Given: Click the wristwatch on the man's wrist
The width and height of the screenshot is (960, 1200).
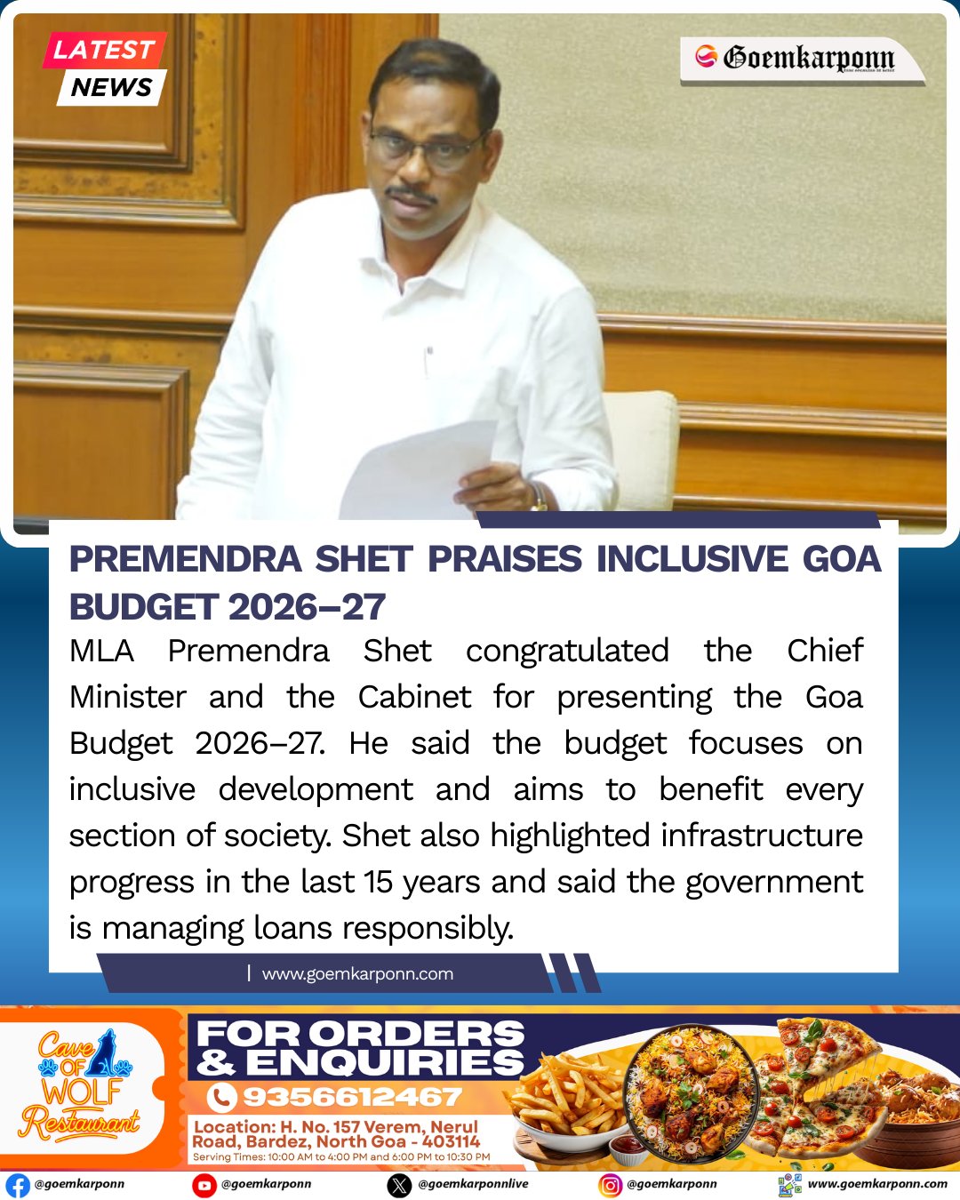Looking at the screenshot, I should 538,496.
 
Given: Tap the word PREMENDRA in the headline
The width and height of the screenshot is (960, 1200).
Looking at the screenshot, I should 186,560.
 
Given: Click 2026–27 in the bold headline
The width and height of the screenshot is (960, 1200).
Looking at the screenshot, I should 307,608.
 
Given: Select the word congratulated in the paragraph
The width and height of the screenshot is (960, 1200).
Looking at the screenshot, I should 567,651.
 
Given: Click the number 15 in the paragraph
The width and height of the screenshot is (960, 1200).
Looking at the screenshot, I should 378,882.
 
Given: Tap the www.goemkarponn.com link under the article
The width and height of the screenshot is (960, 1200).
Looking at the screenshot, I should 357,974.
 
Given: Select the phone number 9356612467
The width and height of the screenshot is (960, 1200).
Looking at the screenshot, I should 351,1098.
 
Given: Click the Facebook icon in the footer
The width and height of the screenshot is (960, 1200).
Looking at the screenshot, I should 17,1185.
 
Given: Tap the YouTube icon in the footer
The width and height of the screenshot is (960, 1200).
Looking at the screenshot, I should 204,1185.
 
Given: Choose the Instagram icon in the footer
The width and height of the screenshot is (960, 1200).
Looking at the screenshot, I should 610,1185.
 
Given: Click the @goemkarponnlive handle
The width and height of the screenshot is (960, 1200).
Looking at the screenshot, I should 472,1184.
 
